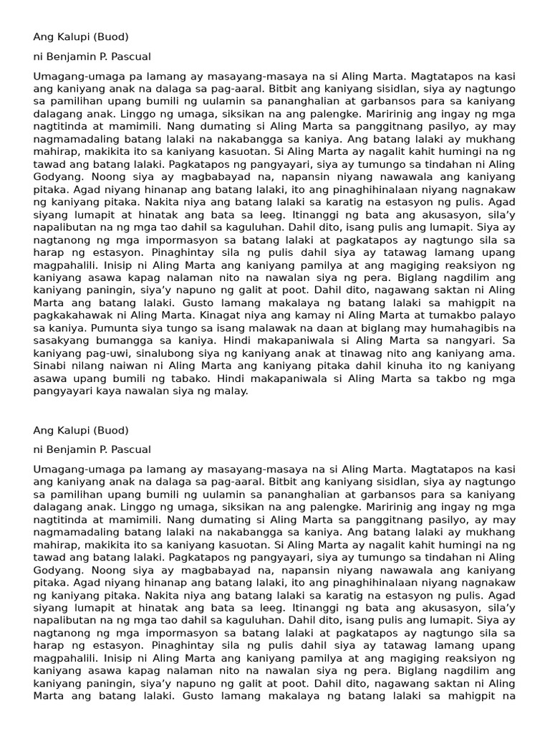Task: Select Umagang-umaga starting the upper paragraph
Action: point(70,75)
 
